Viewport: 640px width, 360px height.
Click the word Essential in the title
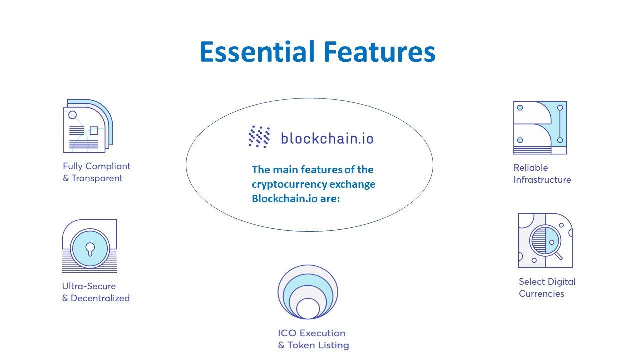point(257,51)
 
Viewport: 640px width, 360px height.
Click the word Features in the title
point(379,51)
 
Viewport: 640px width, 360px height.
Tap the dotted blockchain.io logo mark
point(259,137)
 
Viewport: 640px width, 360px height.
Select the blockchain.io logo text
point(327,138)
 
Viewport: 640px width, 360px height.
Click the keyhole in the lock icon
point(90,249)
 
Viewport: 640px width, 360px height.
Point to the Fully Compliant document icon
point(88,126)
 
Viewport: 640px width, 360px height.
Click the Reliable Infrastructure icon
point(540,127)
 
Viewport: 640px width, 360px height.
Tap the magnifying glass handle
point(558,256)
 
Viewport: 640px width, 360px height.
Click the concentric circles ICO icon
point(308,292)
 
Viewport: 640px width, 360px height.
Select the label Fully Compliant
point(97,166)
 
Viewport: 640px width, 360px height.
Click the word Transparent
point(97,178)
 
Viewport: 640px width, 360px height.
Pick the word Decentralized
point(100,298)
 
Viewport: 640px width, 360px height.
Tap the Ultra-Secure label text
point(89,286)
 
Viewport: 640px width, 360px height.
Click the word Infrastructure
point(542,180)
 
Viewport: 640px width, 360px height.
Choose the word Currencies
point(541,294)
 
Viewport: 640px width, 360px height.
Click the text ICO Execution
point(311,333)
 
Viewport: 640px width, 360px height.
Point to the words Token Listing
point(318,345)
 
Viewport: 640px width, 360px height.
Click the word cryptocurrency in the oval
point(289,184)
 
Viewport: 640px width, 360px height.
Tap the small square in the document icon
point(94,131)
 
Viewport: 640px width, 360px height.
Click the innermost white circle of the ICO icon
point(308,309)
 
